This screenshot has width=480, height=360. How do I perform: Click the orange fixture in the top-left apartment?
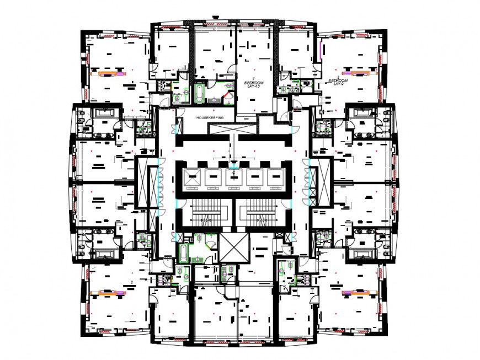tap(108, 72)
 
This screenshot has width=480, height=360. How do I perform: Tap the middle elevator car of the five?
tap(233, 177)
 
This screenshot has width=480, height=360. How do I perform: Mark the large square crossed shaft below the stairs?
tap(234, 246)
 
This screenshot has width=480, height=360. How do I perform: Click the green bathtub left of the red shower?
tap(199, 93)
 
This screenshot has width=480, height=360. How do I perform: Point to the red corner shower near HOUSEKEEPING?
tap(227, 98)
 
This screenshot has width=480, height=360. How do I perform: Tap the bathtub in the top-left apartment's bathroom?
tap(104, 113)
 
